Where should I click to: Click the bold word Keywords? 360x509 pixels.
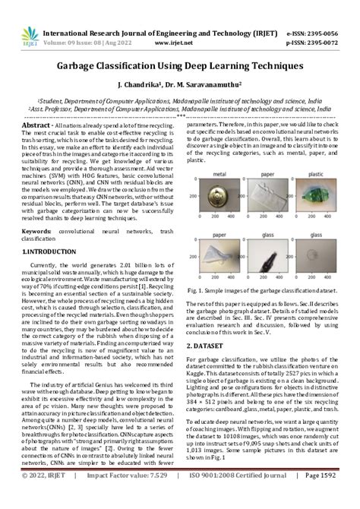pos(36,229)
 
